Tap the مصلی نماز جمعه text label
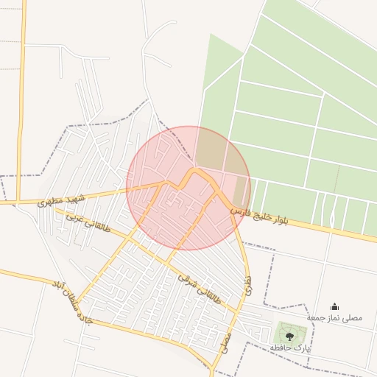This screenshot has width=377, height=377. [x=335, y=317]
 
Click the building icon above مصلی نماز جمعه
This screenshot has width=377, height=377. [x=335, y=306]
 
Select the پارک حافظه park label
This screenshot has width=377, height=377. [x=289, y=347]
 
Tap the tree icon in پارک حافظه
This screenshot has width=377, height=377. [x=289, y=337]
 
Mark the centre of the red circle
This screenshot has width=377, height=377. [x=188, y=188]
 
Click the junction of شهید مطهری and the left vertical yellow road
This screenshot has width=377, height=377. [x=20, y=202]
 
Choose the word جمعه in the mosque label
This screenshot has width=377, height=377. [x=317, y=317]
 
